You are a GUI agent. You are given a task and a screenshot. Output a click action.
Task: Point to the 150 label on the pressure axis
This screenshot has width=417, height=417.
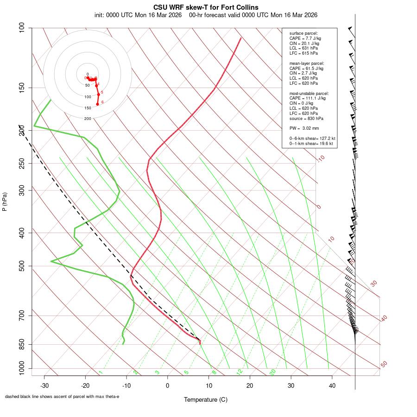tap(22, 88)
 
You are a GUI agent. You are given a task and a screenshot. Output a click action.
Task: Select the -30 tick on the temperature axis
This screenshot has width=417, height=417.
tap(44, 376)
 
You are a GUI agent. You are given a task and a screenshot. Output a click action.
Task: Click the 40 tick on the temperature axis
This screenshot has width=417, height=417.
tap(332, 376)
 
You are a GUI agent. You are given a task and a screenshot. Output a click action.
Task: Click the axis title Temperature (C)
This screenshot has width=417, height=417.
tap(205, 399)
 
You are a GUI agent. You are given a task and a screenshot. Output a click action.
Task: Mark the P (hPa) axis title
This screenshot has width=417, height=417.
tap(5, 202)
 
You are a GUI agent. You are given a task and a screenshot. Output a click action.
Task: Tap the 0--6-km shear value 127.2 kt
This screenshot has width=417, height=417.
tap(325, 139)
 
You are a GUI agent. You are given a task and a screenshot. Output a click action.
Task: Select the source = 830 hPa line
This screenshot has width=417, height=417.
tap(304, 118)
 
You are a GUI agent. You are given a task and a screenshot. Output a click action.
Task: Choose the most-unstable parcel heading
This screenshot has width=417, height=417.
tap(309, 94)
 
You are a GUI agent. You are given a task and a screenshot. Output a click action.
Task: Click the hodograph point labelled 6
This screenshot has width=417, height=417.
tap(97, 104)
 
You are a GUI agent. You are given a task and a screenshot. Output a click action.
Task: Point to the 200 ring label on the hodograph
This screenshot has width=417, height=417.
tap(88, 119)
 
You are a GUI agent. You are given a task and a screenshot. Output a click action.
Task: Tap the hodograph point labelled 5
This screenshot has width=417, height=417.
tap(98, 95)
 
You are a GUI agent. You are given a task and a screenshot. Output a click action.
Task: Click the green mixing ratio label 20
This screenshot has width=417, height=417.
tap(273, 372)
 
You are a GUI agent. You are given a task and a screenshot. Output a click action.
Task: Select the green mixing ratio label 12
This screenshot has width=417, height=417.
tap(240, 372)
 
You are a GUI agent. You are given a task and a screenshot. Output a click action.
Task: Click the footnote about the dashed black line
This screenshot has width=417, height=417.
tap(62, 397)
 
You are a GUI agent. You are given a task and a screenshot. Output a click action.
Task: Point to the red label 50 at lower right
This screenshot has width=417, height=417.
tap(384, 364)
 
